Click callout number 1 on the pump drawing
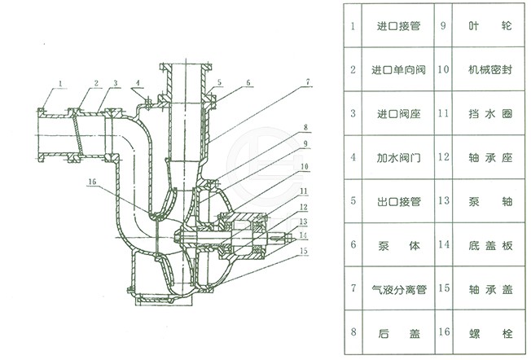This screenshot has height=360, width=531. tap(61, 82)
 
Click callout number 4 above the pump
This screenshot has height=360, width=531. tap(139, 82)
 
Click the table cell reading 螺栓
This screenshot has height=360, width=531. tap(486, 333)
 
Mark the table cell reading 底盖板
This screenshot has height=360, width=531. tap(486, 245)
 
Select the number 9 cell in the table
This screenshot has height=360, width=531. tap(444, 26)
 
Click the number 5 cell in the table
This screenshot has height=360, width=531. tap(353, 201)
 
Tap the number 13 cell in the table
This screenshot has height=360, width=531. tap(444, 201)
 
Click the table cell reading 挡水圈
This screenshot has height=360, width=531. tap(486, 113)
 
